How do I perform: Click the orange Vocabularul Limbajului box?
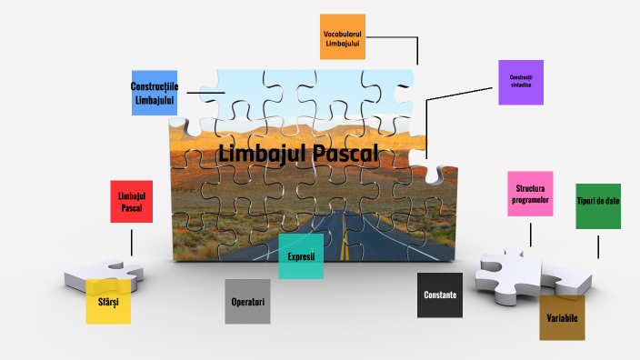[343, 36]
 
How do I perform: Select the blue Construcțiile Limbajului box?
[154, 92]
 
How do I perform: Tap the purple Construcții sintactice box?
[521, 82]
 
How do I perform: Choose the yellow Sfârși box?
[108, 301]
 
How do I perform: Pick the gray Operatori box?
[248, 301]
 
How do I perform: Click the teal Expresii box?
[301, 256]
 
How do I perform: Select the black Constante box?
[440, 295]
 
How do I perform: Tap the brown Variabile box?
[562, 317]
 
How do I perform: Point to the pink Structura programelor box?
[530, 194]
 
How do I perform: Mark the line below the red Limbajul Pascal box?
[131, 241]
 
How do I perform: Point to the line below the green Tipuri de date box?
[598, 245]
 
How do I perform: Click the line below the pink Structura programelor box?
[530, 231]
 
